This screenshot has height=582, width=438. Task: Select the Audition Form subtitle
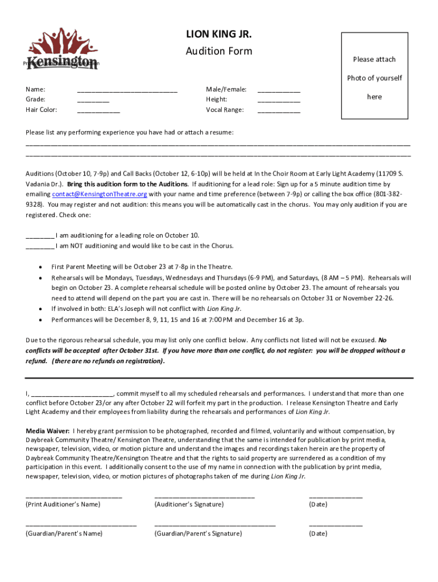coord(219,51)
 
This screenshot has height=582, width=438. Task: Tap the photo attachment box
coord(374,76)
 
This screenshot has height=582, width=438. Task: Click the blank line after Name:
coord(127,91)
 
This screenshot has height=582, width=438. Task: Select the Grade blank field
coord(93,101)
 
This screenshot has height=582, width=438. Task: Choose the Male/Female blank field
coord(279,91)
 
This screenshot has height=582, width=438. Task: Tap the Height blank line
coord(279,101)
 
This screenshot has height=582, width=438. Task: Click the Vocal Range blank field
coord(279,111)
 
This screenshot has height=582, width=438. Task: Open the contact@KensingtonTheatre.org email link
coord(100,194)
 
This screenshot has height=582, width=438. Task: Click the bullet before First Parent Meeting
coord(39,267)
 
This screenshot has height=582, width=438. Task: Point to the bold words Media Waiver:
coord(48,431)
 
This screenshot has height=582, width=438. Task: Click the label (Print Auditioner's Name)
coord(63,504)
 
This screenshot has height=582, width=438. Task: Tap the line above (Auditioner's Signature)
coord(204,497)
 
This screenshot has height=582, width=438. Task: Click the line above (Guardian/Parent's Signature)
coord(214,526)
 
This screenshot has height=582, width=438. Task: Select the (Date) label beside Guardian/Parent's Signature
coord(318,534)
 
